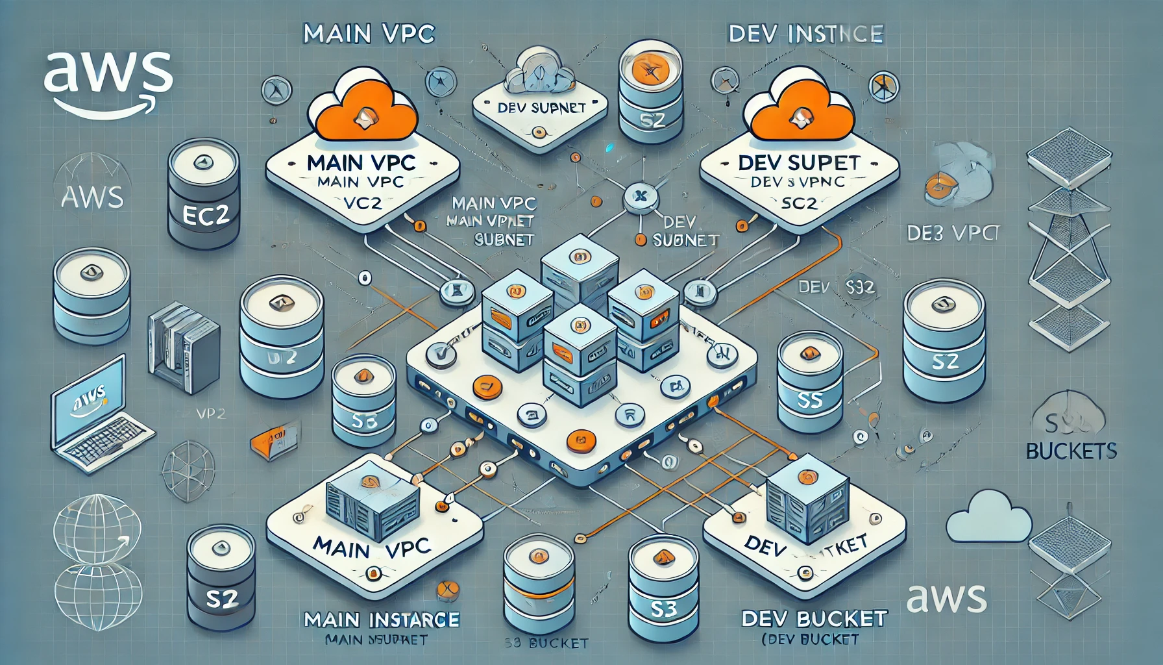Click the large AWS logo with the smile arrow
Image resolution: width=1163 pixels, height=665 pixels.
[108, 82]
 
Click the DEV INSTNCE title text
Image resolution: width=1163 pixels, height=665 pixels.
[805, 34]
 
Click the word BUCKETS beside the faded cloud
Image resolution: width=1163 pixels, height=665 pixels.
[1071, 450]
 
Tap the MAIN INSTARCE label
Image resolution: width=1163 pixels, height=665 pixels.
[382, 620]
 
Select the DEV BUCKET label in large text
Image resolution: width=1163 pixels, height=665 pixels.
[814, 618]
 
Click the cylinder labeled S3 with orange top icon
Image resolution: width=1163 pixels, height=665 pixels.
[663, 588]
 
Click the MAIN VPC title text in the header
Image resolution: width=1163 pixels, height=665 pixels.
[369, 34]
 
